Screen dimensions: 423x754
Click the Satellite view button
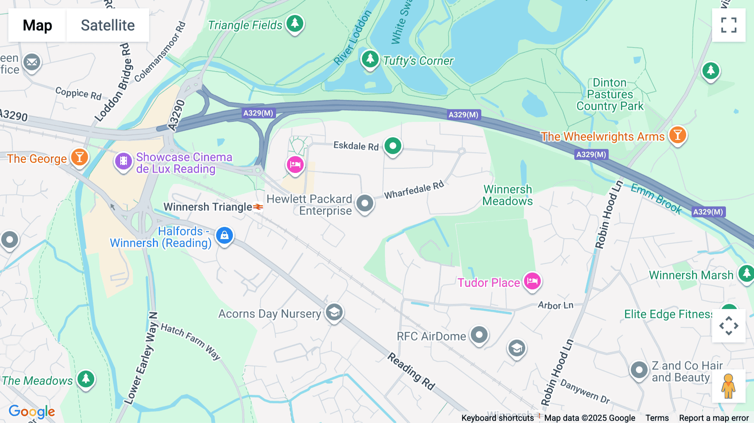108,25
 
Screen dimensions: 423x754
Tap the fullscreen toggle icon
728,25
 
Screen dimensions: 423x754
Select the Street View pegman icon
728,386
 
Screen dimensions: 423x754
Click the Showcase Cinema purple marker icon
124,161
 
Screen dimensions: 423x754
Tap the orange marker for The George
79,158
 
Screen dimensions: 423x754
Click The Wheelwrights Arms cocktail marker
677,135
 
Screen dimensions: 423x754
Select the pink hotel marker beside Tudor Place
532,281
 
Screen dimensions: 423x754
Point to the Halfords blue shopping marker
225,235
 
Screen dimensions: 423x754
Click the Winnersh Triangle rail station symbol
258,207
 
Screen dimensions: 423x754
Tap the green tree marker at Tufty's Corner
370,59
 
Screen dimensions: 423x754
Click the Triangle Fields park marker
295,23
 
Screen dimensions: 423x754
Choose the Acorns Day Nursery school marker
334,312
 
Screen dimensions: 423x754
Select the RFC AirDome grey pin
479,335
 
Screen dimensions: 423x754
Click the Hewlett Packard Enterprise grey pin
365,204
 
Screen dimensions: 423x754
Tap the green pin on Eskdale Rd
393,146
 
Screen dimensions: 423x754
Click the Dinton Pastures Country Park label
609,95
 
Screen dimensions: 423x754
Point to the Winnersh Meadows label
507,196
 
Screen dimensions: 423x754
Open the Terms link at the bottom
657,418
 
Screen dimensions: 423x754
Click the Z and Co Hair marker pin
639,370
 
